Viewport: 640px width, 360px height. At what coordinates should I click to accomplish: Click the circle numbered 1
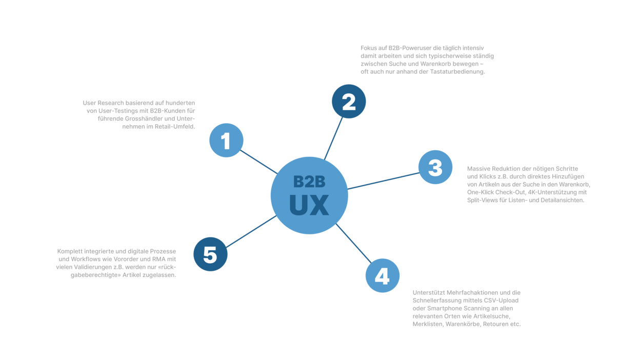click(226, 141)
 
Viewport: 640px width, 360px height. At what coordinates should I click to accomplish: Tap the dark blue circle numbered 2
click(349, 102)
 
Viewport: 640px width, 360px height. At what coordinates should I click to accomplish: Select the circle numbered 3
click(435, 167)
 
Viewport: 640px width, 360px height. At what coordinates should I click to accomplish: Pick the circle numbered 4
click(383, 276)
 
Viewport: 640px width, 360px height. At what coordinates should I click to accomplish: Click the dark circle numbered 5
click(211, 254)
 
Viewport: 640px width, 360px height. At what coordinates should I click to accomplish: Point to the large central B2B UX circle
click(309, 195)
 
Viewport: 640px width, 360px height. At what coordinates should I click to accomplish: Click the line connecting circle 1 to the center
click(259, 162)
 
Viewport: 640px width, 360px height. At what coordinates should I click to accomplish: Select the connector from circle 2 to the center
click(333, 138)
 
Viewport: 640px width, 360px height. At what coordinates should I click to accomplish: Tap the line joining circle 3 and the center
click(384, 181)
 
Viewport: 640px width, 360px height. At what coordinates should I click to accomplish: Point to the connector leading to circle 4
click(354, 243)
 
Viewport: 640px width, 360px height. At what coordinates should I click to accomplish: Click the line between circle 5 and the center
click(251, 232)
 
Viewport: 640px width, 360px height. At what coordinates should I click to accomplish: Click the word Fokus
click(369, 48)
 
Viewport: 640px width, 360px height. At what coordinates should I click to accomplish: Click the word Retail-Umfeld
click(175, 127)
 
